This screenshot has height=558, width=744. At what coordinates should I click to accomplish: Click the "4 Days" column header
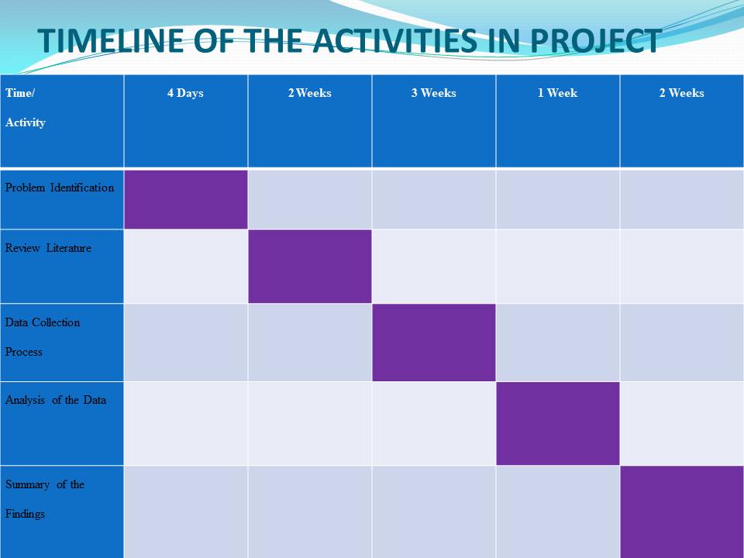185,93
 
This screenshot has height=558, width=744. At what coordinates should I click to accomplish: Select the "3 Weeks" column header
434,93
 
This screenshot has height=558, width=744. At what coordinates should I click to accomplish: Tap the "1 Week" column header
557,93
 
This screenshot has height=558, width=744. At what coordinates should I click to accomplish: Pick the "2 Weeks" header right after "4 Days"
310,93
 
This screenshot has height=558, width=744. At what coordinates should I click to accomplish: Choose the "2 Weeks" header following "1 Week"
682,93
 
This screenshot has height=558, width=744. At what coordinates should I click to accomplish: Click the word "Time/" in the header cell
20,93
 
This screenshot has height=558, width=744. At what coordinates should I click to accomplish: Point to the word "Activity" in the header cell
26,122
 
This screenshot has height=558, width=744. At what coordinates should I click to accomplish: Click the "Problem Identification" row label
60,188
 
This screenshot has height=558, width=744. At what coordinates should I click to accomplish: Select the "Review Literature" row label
48,248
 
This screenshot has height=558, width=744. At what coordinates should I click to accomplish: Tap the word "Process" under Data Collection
24,352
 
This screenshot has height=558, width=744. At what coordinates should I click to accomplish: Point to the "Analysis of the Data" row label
56,400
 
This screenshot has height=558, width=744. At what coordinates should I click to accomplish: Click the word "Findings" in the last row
25,514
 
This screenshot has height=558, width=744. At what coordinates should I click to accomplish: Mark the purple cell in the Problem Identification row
186,199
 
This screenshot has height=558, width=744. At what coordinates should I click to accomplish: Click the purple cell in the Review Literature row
310,266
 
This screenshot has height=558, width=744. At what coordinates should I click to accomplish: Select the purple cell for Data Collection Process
434,343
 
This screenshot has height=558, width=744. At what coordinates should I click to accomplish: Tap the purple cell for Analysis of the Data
558,424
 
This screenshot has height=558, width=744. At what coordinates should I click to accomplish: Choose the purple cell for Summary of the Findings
682,512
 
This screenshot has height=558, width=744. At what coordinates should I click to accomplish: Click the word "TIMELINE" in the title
111,40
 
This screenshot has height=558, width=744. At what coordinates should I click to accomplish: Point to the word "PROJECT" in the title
596,40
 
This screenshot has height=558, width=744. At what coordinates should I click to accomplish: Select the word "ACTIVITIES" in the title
395,40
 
